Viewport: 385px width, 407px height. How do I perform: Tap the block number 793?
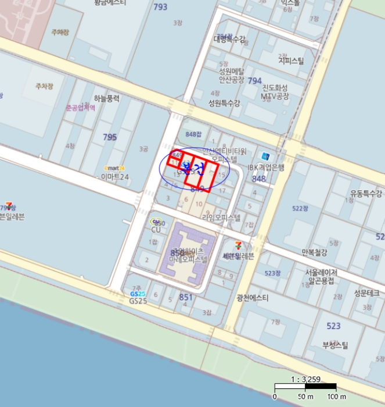click(160, 7)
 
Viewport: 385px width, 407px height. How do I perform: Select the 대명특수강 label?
click(230, 39)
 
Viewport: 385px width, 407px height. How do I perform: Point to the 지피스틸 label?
click(291, 60)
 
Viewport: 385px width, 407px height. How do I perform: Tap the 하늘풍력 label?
click(106, 99)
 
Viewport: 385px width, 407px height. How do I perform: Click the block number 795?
click(110, 137)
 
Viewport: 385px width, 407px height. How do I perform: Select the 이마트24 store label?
click(115, 176)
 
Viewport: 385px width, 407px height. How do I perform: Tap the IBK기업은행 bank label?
click(267, 167)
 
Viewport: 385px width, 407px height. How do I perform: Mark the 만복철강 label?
click(315, 252)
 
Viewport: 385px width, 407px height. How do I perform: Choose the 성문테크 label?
click(366, 293)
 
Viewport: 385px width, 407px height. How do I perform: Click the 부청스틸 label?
click(335, 345)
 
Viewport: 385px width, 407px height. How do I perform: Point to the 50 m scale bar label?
click(305, 397)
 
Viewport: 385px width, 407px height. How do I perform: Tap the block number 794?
click(255, 80)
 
